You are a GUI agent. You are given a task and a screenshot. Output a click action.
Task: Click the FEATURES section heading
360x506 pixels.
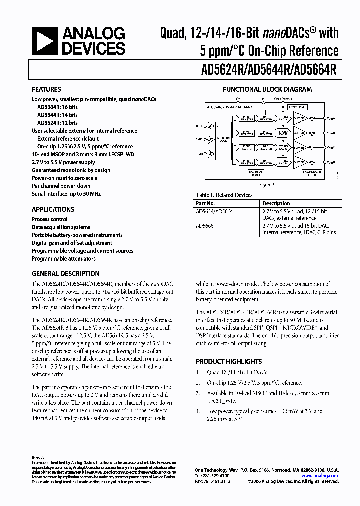pos(46,89)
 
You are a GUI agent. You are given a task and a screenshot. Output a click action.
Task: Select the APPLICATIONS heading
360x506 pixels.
pos(53,209)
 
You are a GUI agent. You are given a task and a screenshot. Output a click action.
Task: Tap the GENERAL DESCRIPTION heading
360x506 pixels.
pos(65,273)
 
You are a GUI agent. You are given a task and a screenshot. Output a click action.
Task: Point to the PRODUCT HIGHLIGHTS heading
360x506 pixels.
pos(228,361)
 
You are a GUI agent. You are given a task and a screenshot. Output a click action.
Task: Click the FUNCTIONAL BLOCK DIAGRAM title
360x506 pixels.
pos(267,89)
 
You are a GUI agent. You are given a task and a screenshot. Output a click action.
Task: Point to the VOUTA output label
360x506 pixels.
pos(331,118)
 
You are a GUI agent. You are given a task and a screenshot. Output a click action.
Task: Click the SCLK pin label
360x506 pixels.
pos(199,125)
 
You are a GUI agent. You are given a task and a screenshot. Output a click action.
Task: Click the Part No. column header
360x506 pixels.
pos(205,203)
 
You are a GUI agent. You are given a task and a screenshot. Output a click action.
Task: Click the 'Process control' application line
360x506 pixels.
pos(50,219)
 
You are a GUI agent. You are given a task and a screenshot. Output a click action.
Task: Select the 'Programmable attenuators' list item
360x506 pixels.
pos(63,259)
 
